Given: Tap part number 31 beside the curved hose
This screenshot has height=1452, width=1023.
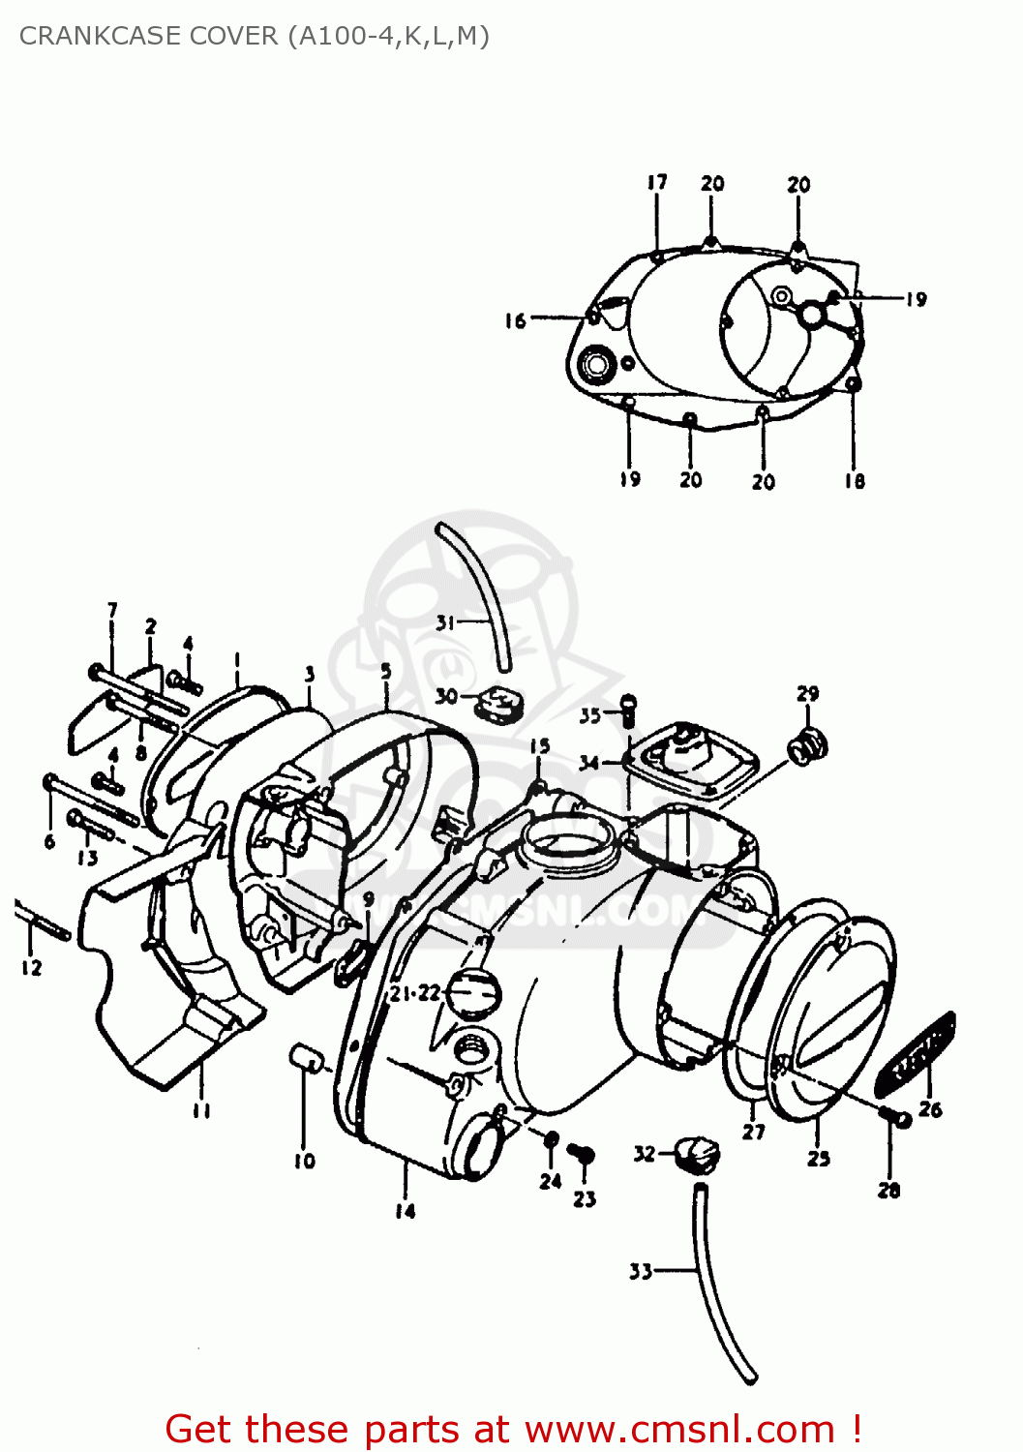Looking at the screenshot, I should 444,622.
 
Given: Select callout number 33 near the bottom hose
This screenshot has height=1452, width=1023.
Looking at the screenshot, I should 641,1271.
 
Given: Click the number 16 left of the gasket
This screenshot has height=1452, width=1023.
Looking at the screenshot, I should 515,320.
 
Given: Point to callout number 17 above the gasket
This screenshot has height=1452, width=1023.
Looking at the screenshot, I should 657,182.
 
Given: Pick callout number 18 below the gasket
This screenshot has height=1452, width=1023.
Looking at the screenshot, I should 854,481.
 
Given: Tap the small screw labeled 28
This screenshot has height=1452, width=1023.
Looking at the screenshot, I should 896,1118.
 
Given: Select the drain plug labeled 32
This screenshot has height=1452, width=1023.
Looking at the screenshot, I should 698,1153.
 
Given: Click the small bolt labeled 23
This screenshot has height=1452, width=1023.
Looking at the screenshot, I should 582,1154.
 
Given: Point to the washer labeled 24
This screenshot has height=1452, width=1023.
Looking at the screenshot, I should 550,1139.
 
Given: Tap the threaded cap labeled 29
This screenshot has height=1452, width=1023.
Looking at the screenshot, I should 808,746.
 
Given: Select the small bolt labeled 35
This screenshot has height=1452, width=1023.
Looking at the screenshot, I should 627,711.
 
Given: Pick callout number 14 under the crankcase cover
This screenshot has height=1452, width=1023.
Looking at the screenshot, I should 405,1210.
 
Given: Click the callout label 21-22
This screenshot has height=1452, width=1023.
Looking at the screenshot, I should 414,993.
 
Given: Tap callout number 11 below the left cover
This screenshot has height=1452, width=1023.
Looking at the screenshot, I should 201,1110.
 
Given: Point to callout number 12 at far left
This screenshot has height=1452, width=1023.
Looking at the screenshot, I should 31,967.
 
